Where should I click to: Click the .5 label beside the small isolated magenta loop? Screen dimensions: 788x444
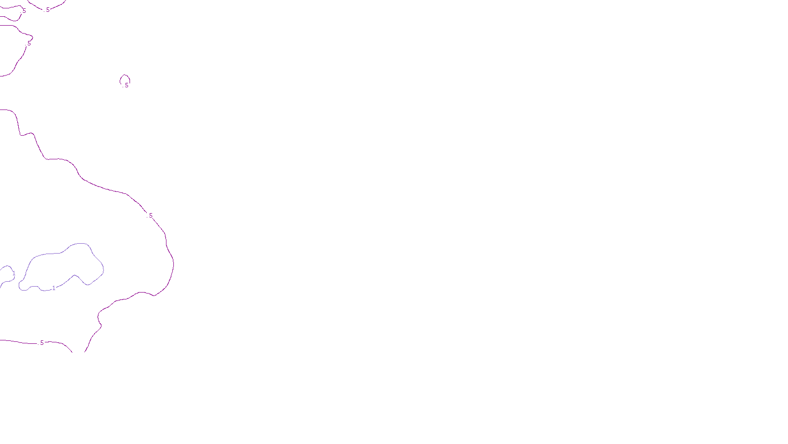[x=126, y=85]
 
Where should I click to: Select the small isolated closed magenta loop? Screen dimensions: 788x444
[x=125, y=75]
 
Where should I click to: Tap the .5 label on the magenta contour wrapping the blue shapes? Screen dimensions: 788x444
[x=150, y=216]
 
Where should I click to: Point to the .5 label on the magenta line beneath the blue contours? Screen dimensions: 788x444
[x=41, y=343]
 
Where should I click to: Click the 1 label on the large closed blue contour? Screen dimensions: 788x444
[x=54, y=288]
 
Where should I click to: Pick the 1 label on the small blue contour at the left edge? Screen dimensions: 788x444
[x=14, y=273]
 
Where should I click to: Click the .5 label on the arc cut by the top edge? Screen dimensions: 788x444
[x=47, y=10]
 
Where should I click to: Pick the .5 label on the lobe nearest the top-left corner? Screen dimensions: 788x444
[x=23, y=11]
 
